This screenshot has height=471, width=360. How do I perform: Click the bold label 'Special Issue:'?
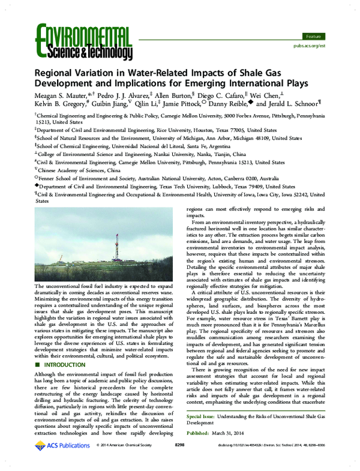[x=202, y=415]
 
